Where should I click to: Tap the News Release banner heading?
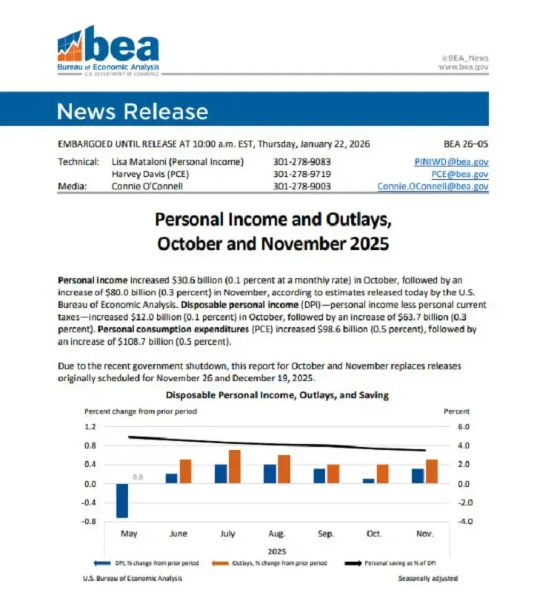click(x=133, y=112)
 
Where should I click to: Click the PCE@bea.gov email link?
click(x=460, y=174)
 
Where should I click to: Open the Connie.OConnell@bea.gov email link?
click(x=433, y=186)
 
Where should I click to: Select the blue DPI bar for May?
click(x=122, y=500)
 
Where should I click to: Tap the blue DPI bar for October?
click(x=369, y=481)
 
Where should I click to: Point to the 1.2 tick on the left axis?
click(x=90, y=427)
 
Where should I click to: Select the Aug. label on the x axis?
click(x=276, y=533)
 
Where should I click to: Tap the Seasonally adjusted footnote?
click(x=427, y=578)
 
